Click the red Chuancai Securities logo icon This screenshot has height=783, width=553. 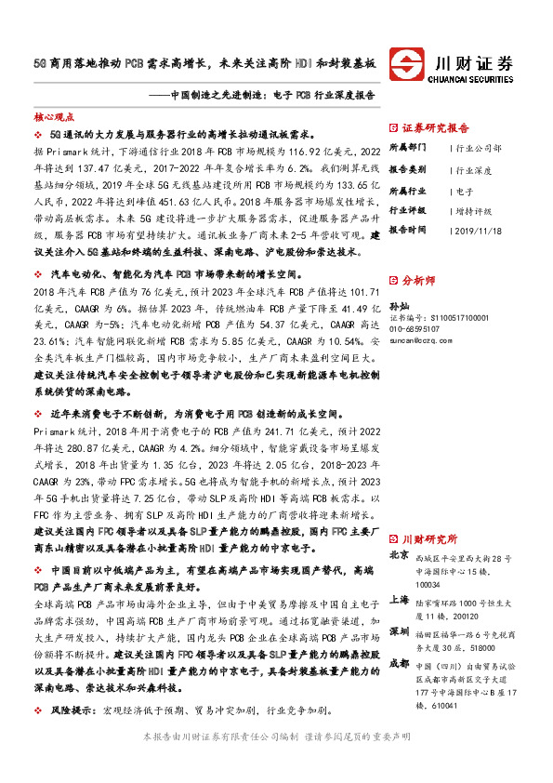point(406,66)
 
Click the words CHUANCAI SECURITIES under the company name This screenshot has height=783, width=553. point(475,80)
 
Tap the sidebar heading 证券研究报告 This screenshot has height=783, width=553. point(436,128)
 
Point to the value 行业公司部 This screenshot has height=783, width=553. point(479,148)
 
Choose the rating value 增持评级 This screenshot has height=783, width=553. point(475,211)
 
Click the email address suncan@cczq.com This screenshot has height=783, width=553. point(420,340)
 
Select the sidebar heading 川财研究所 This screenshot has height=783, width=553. point(429,537)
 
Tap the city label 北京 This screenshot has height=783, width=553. point(398,554)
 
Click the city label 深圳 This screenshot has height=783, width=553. point(398,630)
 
